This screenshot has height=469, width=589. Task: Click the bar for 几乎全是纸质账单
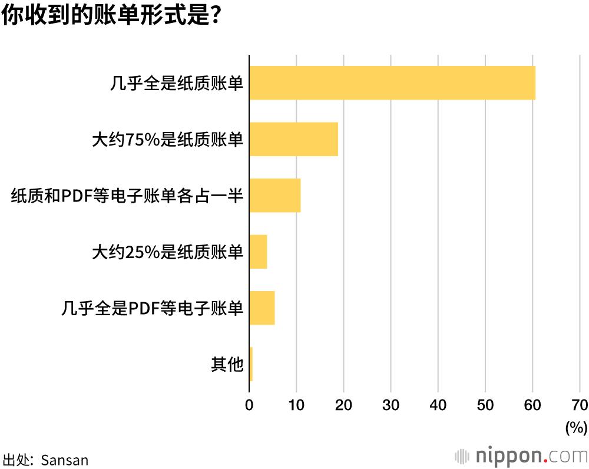point(392,83)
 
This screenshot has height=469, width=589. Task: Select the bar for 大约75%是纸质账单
point(293,140)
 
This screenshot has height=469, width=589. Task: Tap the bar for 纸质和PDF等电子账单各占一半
point(275,196)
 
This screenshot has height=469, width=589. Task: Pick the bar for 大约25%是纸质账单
point(258,252)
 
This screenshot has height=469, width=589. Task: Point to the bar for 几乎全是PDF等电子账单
point(262,308)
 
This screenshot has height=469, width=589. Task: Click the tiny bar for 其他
point(251,364)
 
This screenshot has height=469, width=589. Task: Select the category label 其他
point(227,365)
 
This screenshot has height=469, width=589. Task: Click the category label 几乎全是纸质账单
point(177,84)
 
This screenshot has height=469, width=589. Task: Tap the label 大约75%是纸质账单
point(168,140)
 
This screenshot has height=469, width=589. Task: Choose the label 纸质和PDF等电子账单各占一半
point(127,196)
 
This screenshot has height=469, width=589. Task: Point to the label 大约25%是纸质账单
point(168,252)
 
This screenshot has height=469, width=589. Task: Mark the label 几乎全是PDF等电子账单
point(153,308)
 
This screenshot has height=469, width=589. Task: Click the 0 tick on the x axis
point(249,405)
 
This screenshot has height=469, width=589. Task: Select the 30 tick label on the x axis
point(391,405)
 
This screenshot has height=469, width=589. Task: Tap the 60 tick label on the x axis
point(532,405)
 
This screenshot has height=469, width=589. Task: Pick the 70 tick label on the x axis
point(579,405)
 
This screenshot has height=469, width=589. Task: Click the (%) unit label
point(576,427)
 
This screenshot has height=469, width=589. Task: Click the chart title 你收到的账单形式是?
point(111,16)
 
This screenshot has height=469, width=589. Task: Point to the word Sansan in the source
point(65,460)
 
